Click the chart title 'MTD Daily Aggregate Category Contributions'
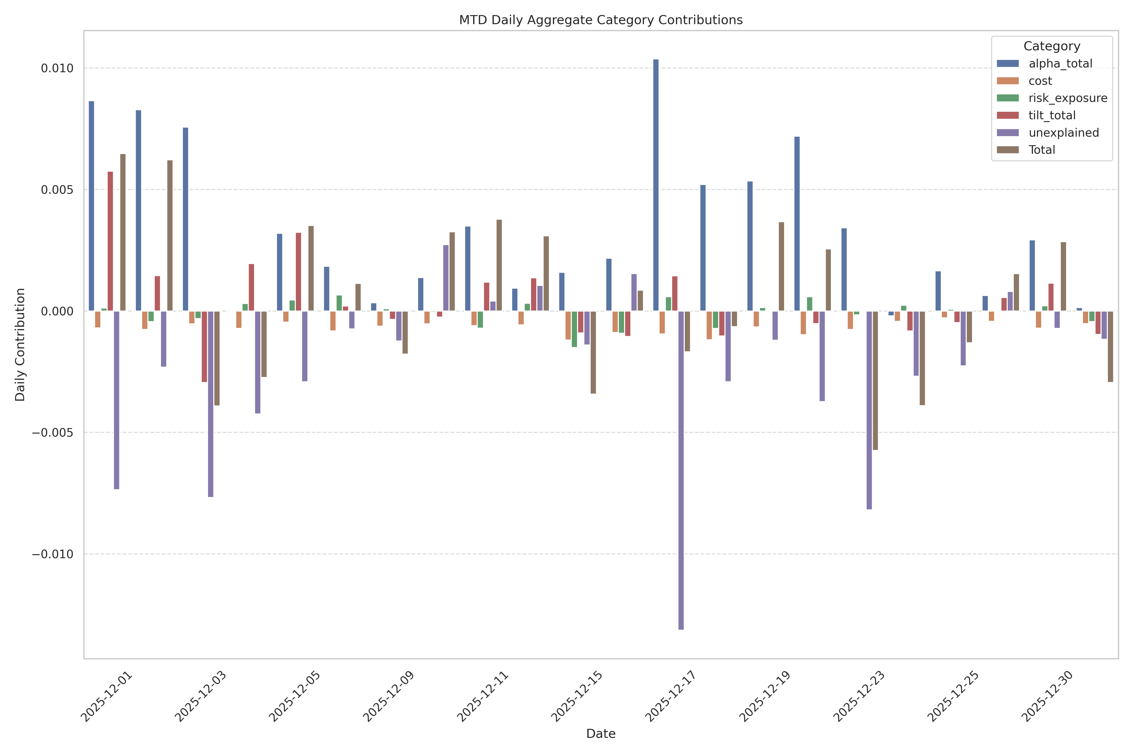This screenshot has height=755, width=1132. [601, 20]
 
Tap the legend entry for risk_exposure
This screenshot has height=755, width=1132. [1068, 98]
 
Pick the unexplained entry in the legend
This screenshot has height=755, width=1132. [1064, 133]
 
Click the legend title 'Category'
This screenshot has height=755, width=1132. [1052, 46]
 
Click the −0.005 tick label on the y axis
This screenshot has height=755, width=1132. [53, 432]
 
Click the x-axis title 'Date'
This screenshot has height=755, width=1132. [601, 733]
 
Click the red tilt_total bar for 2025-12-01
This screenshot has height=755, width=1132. [110, 241]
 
